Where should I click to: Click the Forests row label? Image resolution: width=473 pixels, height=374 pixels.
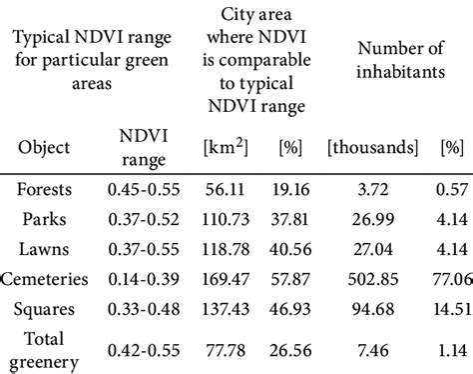(x=44, y=189)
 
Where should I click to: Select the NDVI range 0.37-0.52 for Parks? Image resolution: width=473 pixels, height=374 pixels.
(x=144, y=219)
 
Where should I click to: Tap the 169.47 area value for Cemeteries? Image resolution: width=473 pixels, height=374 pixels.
(x=226, y=279)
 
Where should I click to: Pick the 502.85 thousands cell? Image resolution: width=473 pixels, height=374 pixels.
(x=373, y=279)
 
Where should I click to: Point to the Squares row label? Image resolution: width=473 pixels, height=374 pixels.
(x=44, y=309)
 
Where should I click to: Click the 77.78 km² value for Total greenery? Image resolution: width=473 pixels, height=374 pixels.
(x=226, y=350)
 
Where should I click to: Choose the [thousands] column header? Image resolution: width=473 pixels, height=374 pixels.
(x=372, y=147)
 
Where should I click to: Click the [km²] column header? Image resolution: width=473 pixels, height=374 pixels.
(x=226, y=147)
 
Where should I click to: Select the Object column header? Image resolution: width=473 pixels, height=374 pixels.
(x=44, y=147)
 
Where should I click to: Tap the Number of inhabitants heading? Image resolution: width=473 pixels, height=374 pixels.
(x=400, y=60)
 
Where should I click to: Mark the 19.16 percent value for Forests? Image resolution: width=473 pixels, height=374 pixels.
(x=290, y=189)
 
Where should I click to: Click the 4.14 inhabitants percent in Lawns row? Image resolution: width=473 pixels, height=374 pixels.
(x=452, y=249)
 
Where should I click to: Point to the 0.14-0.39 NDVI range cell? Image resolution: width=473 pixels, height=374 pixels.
(x=144, y=279)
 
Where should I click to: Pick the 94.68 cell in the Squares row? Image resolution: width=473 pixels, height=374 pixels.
(x=373, y=309)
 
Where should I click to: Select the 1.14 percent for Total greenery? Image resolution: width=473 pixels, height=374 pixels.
(x=452, y=350)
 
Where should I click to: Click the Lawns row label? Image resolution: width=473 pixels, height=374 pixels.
(x=44, y=249)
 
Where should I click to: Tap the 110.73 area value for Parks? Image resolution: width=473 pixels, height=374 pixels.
(x=226, y=219)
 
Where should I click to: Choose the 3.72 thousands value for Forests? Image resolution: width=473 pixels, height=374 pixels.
(x=373, y=189)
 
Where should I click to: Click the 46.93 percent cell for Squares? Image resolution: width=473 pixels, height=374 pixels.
(x=290, y=309)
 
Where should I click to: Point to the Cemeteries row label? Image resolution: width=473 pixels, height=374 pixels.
(x=45, y=279)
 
